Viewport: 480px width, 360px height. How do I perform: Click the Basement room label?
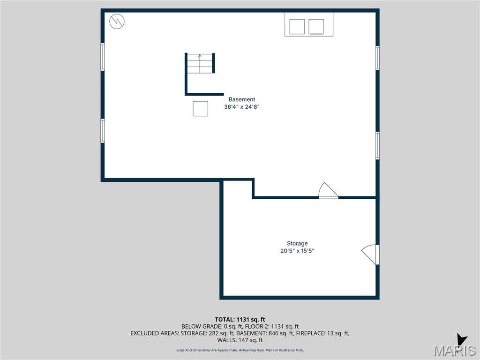point(242,99)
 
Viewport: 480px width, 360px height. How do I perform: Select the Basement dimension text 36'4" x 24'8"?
point(242,107)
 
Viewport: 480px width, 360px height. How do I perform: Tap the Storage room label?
point(297,243)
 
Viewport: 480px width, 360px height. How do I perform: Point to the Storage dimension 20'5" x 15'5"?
point(297,251)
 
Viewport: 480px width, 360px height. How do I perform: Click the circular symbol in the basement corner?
point(117,21)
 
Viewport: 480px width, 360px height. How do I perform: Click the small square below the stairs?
point(200,109)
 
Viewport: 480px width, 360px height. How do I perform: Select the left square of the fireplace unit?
point(297,27)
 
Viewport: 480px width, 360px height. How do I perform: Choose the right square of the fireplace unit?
point(316,27)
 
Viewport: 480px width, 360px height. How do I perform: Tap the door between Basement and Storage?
point(328,191)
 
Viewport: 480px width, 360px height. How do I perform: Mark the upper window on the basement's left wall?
point(103,57)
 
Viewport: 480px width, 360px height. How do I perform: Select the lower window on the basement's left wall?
point(103,131)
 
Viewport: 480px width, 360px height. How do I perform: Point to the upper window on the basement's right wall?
point(377,58)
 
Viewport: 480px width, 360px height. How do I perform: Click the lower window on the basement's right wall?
point(377,145)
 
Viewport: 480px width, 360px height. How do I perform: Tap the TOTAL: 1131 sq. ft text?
point(240,320)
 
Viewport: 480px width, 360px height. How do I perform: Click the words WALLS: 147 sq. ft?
point(240,340)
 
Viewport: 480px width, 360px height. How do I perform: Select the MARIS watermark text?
point(455,351)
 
